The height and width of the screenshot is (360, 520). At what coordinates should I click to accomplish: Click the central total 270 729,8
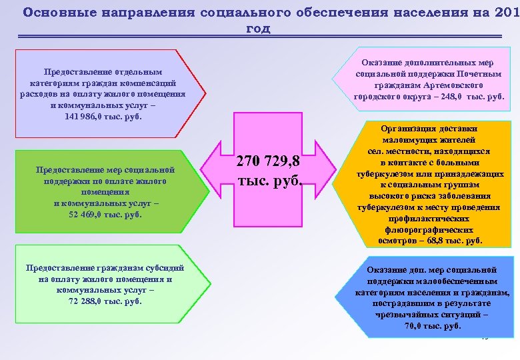click(x=269, y=162)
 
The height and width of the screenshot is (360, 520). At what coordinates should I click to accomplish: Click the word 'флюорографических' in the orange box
click(x=429, y=229)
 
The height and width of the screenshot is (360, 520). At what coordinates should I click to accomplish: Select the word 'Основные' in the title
click(x=53, y=12)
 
